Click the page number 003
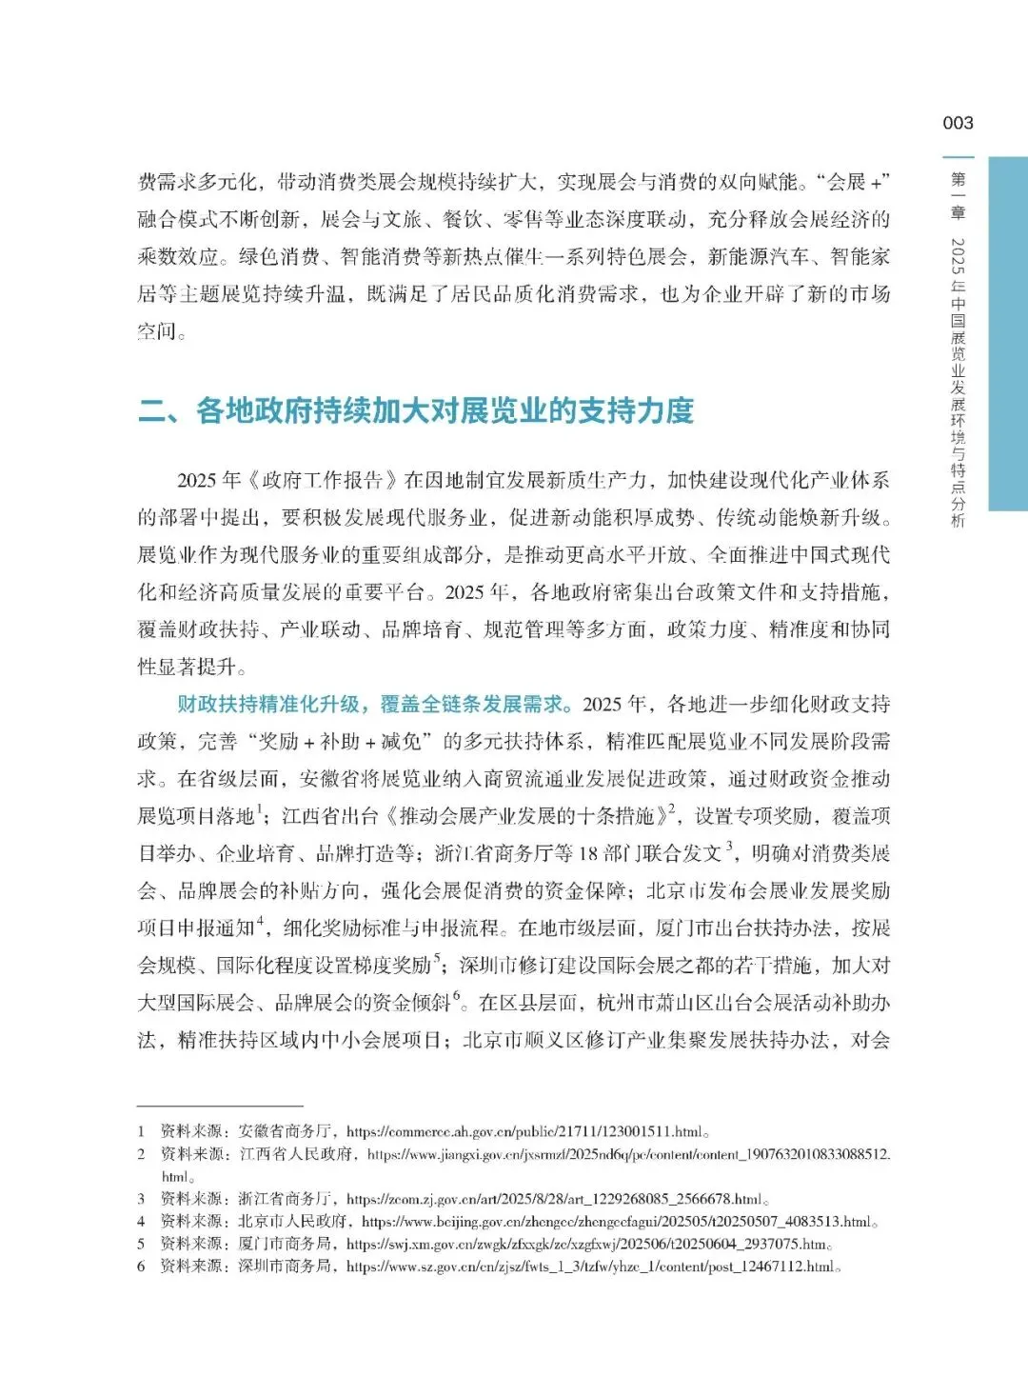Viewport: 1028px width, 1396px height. (958, 123)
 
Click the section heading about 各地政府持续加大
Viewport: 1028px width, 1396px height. (416, 410)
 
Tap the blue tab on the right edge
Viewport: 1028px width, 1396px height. (1008, 333)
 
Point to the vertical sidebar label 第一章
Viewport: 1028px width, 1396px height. (958, 195)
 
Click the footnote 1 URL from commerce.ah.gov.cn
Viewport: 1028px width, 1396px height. (524, 1132)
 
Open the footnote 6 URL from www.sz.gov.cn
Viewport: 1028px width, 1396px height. (590, 1266)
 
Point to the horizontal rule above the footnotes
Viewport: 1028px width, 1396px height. (220, 1107)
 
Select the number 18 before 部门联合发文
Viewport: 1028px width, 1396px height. (588, 853)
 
